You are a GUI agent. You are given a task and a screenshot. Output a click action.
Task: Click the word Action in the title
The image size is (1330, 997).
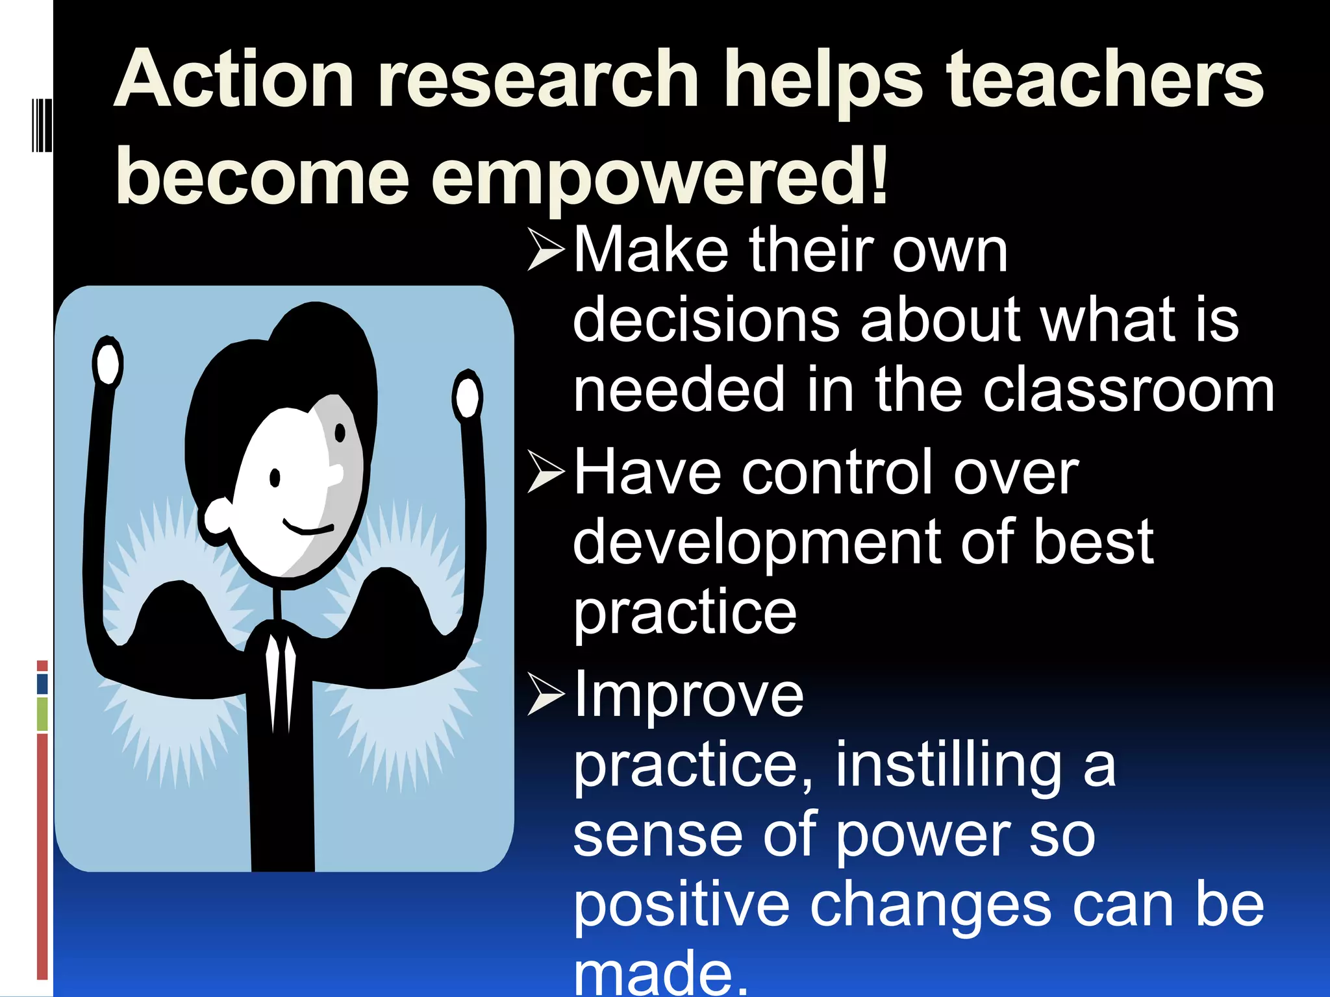pyautogui.click(x=234, y=81)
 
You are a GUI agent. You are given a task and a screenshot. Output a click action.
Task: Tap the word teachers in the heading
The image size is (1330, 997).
pyautogui.click(x=1104, y=81)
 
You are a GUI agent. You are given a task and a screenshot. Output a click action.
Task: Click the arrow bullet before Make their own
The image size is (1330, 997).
pyautogui.click(x=546, y=249)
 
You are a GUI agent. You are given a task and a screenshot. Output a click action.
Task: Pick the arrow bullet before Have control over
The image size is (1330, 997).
pyautogui.click(x=546, y=471)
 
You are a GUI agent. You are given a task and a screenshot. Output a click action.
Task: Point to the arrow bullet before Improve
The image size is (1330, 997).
pyautogui.click(x=546, y=694)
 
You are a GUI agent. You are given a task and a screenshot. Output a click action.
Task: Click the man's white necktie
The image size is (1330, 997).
pyautogui.click(x=280, y=682)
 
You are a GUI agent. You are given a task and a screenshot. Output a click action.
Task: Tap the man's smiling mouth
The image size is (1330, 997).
pyautogui.click(x=308, y=527)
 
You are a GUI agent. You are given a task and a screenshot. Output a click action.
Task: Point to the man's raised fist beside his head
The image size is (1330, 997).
pyautogui.click(x=107, y=362)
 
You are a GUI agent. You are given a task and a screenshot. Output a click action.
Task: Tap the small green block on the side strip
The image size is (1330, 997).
pyautogui.click(x=42, y=714)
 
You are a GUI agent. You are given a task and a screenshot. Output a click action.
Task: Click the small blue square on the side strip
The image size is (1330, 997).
pyautogui.click(x=42, y=683)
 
